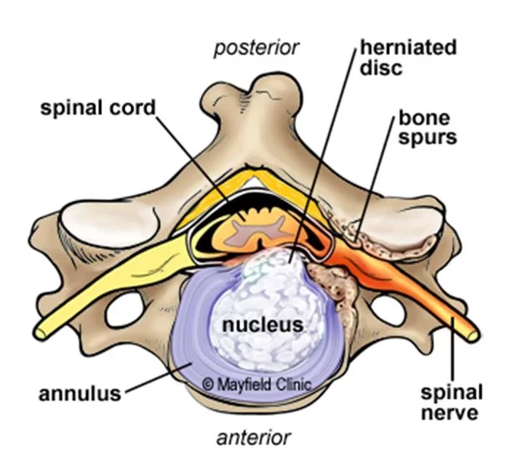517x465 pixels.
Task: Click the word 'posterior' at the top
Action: (256, 48)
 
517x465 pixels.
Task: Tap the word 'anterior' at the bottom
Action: (253, 436)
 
